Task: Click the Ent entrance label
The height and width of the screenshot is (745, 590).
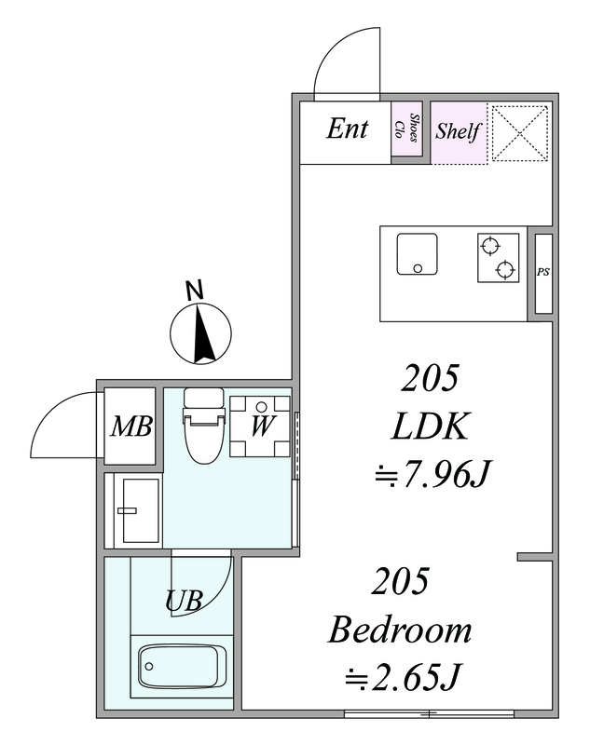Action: coord(347,129)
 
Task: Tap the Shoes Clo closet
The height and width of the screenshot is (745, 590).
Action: coord(406,129)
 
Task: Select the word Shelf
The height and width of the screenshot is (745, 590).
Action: coord(458,130)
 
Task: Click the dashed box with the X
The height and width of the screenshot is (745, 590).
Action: coord(520,133)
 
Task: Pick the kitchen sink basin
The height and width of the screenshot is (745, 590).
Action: coord(418,253)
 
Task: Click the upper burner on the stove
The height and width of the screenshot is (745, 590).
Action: coord(490,247)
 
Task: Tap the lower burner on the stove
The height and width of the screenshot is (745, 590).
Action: coord(505,269)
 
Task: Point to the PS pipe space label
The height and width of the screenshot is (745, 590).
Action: coord(543,272)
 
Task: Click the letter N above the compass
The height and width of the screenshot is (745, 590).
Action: coord(194,290)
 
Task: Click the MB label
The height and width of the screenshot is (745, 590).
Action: coord(131,427)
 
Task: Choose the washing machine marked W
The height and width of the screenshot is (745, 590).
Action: coord(260,427)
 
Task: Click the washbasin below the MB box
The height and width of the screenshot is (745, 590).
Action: coord(140,510)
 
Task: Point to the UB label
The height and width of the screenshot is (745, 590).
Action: coord(184,601)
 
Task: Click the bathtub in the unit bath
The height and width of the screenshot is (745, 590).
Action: coord(183,666)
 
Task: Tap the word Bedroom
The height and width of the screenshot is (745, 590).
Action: coord(400,630)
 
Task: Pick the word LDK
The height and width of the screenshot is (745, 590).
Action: coord(431,427)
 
